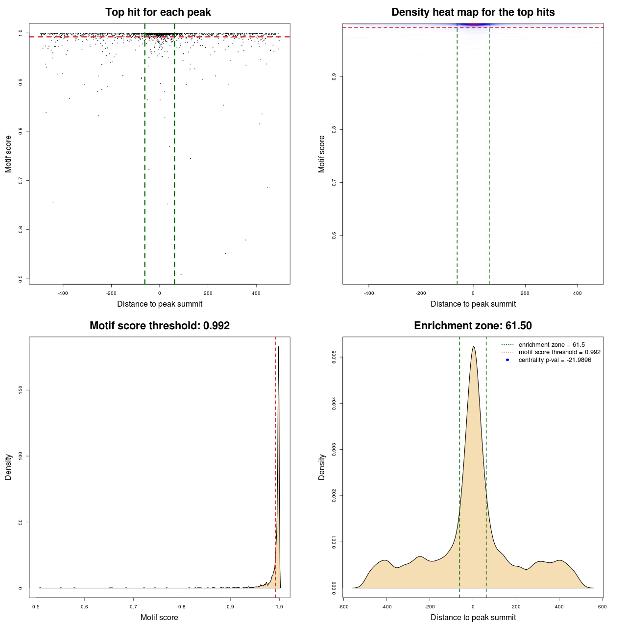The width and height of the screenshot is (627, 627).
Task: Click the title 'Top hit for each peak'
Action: coord(158,12)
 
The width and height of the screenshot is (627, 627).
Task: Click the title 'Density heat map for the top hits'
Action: coord(473,12)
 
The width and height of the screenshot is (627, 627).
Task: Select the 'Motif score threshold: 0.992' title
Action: coord(159,326)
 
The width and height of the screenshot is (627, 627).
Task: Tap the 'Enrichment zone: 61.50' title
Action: coord(473,326)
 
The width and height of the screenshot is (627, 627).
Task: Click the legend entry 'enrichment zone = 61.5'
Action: coord(552,345)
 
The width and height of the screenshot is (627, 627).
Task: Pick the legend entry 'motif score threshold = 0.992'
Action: coord(559,352)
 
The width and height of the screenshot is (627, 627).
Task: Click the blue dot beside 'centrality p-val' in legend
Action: coord(507,360)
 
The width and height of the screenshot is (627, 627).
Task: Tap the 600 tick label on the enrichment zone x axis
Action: coord(602,606)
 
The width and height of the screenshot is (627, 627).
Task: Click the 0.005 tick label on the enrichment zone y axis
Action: coord(334,358)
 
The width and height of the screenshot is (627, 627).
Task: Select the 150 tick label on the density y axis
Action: coord(21,389)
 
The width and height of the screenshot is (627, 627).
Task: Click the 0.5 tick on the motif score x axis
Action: coord(36,606)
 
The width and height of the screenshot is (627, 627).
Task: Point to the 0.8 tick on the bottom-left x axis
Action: coord(182,606)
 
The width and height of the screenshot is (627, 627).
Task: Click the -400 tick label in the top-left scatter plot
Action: coord(63,293)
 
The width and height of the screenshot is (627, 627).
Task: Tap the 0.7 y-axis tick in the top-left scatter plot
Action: coord(21,180)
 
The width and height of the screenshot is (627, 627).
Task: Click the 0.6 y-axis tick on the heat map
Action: coord(334,235)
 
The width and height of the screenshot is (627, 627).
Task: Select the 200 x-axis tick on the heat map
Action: coord(525,293)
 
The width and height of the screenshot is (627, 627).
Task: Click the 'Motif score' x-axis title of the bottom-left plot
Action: coord(159,617)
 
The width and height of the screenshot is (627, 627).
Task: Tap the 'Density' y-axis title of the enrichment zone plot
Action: coord(322,467)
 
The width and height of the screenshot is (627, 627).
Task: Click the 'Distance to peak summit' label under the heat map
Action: coord(473,304)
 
